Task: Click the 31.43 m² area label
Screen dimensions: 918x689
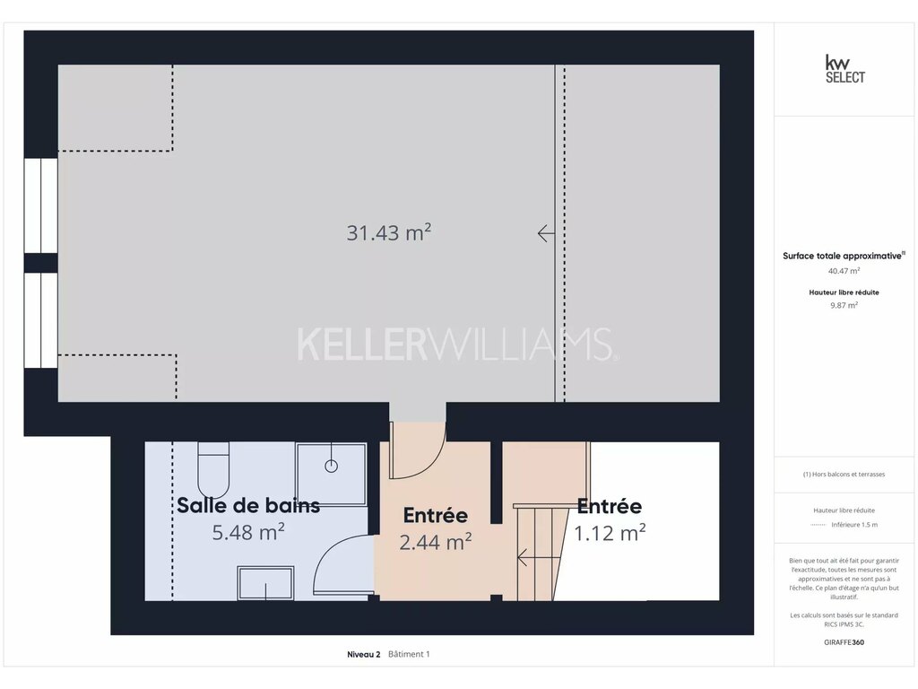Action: point(389,232)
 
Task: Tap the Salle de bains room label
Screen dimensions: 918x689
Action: point(248,505)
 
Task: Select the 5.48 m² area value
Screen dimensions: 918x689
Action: point(248,532)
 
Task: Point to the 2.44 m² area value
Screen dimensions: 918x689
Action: point(436,542)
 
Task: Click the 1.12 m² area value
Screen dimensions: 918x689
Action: point(610,533)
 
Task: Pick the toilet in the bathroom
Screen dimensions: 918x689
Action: point(213,470)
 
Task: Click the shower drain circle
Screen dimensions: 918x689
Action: point(332,467)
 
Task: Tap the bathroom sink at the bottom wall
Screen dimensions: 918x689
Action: point(265,583)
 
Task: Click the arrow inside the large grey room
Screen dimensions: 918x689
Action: point(546,233)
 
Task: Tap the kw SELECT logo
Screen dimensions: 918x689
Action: point(844,69)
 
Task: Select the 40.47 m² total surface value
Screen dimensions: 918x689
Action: point(844,271)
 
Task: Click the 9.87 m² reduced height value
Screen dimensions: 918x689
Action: point(844,305)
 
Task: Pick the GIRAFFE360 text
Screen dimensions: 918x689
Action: point(844,642)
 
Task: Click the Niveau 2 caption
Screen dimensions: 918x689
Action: point(364,654)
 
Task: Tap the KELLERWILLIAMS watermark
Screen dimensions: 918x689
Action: point(455,344)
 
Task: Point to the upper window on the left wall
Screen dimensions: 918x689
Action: point(41,205)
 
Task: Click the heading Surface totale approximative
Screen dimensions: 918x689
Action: point(842,256)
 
